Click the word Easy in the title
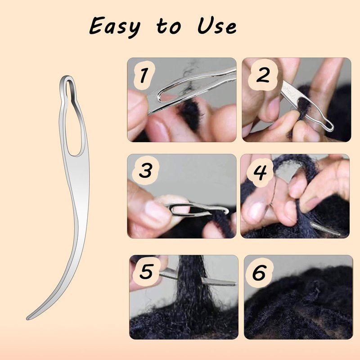tap(115, 27)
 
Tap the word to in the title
tap(169, 26)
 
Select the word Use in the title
tap(217, 26)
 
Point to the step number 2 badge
tap(262, 75)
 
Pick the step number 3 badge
tap(145, 171)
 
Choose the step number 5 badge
tap(147, 271)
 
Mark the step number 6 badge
tap(260, 273)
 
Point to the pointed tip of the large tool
tap(27, 319)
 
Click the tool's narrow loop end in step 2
tap(327, 125)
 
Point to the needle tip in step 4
tap(337, 234)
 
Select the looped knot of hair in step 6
tap(312, 290)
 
